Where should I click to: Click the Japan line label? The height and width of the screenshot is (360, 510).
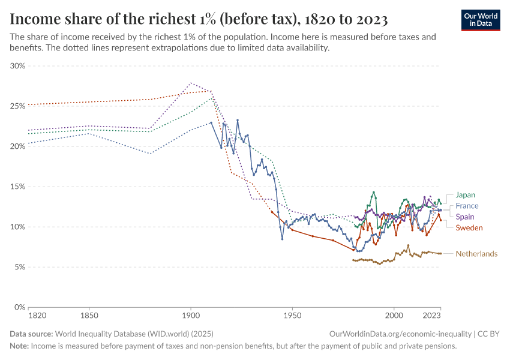(x=466, y=195)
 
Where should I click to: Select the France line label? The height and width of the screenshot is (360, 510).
(x=467, y=206)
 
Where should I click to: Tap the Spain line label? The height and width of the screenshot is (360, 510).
(x=466, y=217)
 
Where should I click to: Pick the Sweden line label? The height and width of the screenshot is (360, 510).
(x=469, y=228)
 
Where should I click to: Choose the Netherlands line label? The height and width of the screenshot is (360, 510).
(x=476, y=254)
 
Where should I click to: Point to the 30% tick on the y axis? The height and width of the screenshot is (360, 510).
(x=17, y=66)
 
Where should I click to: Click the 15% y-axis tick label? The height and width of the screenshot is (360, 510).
(x=17, y=187)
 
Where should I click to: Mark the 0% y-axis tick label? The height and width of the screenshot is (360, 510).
(x=19, y=307)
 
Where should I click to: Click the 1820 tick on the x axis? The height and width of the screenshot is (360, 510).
(x=37, y=315)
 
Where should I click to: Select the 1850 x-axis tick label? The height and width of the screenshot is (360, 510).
(x=89, y=315)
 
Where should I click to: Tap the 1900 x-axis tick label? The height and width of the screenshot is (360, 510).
(x=190, y=315)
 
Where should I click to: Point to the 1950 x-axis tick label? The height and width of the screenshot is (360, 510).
(x=292, y=315)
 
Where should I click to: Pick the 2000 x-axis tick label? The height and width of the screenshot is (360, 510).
(x=394, y=315)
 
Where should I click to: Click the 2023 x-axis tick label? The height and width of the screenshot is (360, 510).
(x=431, y=315)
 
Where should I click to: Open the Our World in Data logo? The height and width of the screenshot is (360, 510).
(x=480, y=20)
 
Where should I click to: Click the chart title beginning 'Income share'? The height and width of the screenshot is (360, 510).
(x=199, y=19)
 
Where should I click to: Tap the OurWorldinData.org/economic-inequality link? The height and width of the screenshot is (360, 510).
(x=400, y=334)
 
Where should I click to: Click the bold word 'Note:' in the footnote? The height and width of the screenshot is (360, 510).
(x=19, y=346)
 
